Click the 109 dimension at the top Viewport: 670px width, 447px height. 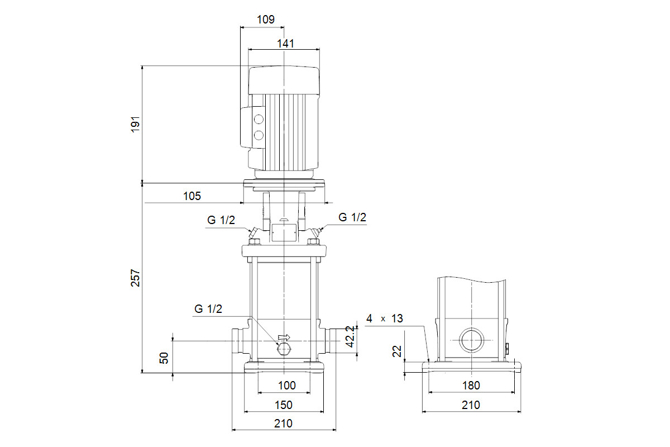(x=266, y=19)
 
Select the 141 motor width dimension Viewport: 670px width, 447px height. (x=285, y=43)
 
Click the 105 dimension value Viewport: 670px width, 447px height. (x=192, y=196)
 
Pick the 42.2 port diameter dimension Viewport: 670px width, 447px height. (x=350, y=336)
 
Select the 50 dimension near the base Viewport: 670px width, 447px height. (x=164, y=358)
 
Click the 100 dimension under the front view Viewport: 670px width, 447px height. (x=286, y=385)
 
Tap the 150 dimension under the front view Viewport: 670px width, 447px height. (x=285, y=405)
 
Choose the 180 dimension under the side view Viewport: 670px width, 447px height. (x=471, y=386)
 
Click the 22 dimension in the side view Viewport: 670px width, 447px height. (x=397, y=351)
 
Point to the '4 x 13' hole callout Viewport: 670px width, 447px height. (x=384, y=319)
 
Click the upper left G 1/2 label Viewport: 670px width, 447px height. (x=222, y=220)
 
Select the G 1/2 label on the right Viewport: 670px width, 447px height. (x=352, y=217)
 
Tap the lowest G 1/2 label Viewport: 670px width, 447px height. (x=209, y=308)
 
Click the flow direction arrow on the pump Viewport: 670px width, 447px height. (x=284, y=337)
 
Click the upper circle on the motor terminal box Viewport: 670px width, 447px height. (x=259, y=120)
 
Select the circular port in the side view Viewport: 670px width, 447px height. (x=471, y=339)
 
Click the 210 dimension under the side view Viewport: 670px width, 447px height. (x=471, y=405)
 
